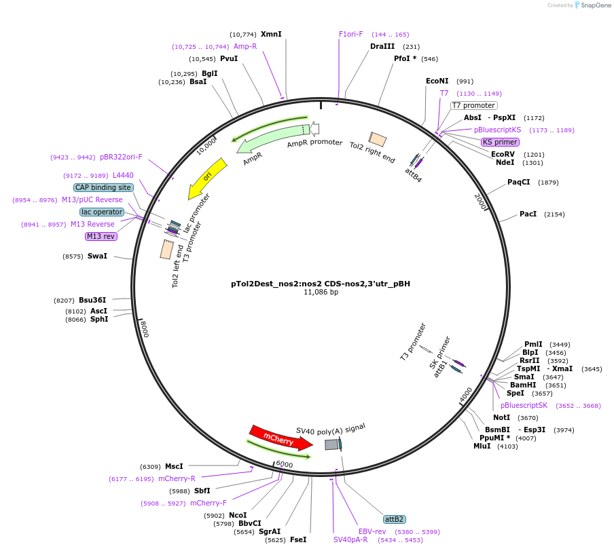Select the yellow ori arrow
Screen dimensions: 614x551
(206, 178)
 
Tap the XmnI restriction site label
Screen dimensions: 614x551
(271, 34)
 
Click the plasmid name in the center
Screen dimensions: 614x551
(321, 284)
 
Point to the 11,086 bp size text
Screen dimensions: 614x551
(321, 292)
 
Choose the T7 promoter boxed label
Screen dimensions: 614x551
(474, 105)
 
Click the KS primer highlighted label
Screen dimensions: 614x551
(500, 142)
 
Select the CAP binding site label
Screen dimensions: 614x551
(103, 187)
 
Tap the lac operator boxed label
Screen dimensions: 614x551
(102, 212)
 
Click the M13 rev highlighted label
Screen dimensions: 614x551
(101, 236)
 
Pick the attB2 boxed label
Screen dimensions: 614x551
(395, 519)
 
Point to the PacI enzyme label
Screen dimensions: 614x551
(528, 214)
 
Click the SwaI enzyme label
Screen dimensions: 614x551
(97, 256)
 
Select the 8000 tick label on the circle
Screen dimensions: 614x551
(144, 328)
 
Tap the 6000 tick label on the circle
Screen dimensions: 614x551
(285, 464)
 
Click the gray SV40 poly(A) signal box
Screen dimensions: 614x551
(331, 444)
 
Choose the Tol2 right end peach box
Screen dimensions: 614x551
(378, 139)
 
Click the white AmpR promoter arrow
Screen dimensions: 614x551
(314, 129)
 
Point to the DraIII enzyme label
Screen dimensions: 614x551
(382, 46)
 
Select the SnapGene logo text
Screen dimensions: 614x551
(595, 5)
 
